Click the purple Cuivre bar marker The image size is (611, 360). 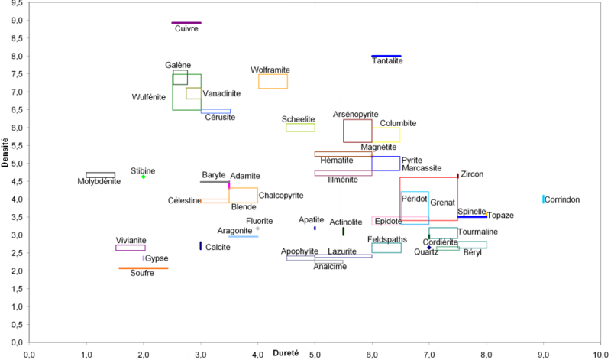(186, 23)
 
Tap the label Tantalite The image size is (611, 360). (387, 61)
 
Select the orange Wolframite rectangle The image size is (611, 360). (273, 81)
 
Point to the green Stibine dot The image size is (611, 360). (144, 177)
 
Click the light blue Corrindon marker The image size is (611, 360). (544, 199)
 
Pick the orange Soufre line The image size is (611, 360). (144, 268)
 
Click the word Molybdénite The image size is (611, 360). (99, 182)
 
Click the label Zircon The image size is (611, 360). (472, 174)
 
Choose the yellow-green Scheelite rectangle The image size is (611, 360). (300, 128)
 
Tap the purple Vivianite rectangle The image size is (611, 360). (131, 248)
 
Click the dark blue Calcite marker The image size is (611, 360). (201, 245)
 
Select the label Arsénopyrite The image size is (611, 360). (356, 115)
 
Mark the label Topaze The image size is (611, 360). (500, 216)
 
